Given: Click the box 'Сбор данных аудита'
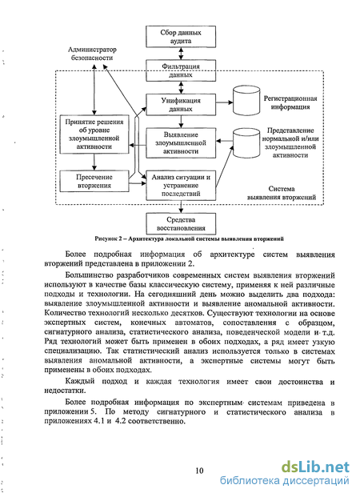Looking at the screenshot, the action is [181, 37].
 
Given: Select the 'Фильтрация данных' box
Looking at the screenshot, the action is [181, 70].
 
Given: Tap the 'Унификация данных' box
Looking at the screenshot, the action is [181, 105].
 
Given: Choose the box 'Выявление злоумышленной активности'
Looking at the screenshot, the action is [181, 143].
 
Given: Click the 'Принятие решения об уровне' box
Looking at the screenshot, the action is [94, 134].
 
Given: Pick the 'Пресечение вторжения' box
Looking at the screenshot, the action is [94, 181].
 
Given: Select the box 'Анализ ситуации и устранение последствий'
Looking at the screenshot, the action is [181, 186].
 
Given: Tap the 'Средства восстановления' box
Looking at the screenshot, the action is [181, 224].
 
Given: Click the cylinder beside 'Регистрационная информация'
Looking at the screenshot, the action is [246, 101].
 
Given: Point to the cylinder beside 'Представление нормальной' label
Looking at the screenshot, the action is [246, 143].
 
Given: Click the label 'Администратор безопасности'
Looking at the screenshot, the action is [92, 54].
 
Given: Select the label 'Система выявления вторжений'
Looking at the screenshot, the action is [282, 193].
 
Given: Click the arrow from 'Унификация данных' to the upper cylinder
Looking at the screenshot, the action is [224, 102].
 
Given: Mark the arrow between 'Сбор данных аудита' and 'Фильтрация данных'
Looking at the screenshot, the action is [181, 54].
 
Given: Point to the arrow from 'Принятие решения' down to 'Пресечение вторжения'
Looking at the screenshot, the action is [94, 162].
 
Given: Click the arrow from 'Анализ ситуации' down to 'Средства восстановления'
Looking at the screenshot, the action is [181, 206].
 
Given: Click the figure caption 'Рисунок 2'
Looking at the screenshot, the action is [189, 238].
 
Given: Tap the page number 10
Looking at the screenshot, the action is [199, 471].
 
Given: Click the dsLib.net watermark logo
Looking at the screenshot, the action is [315, 467].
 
